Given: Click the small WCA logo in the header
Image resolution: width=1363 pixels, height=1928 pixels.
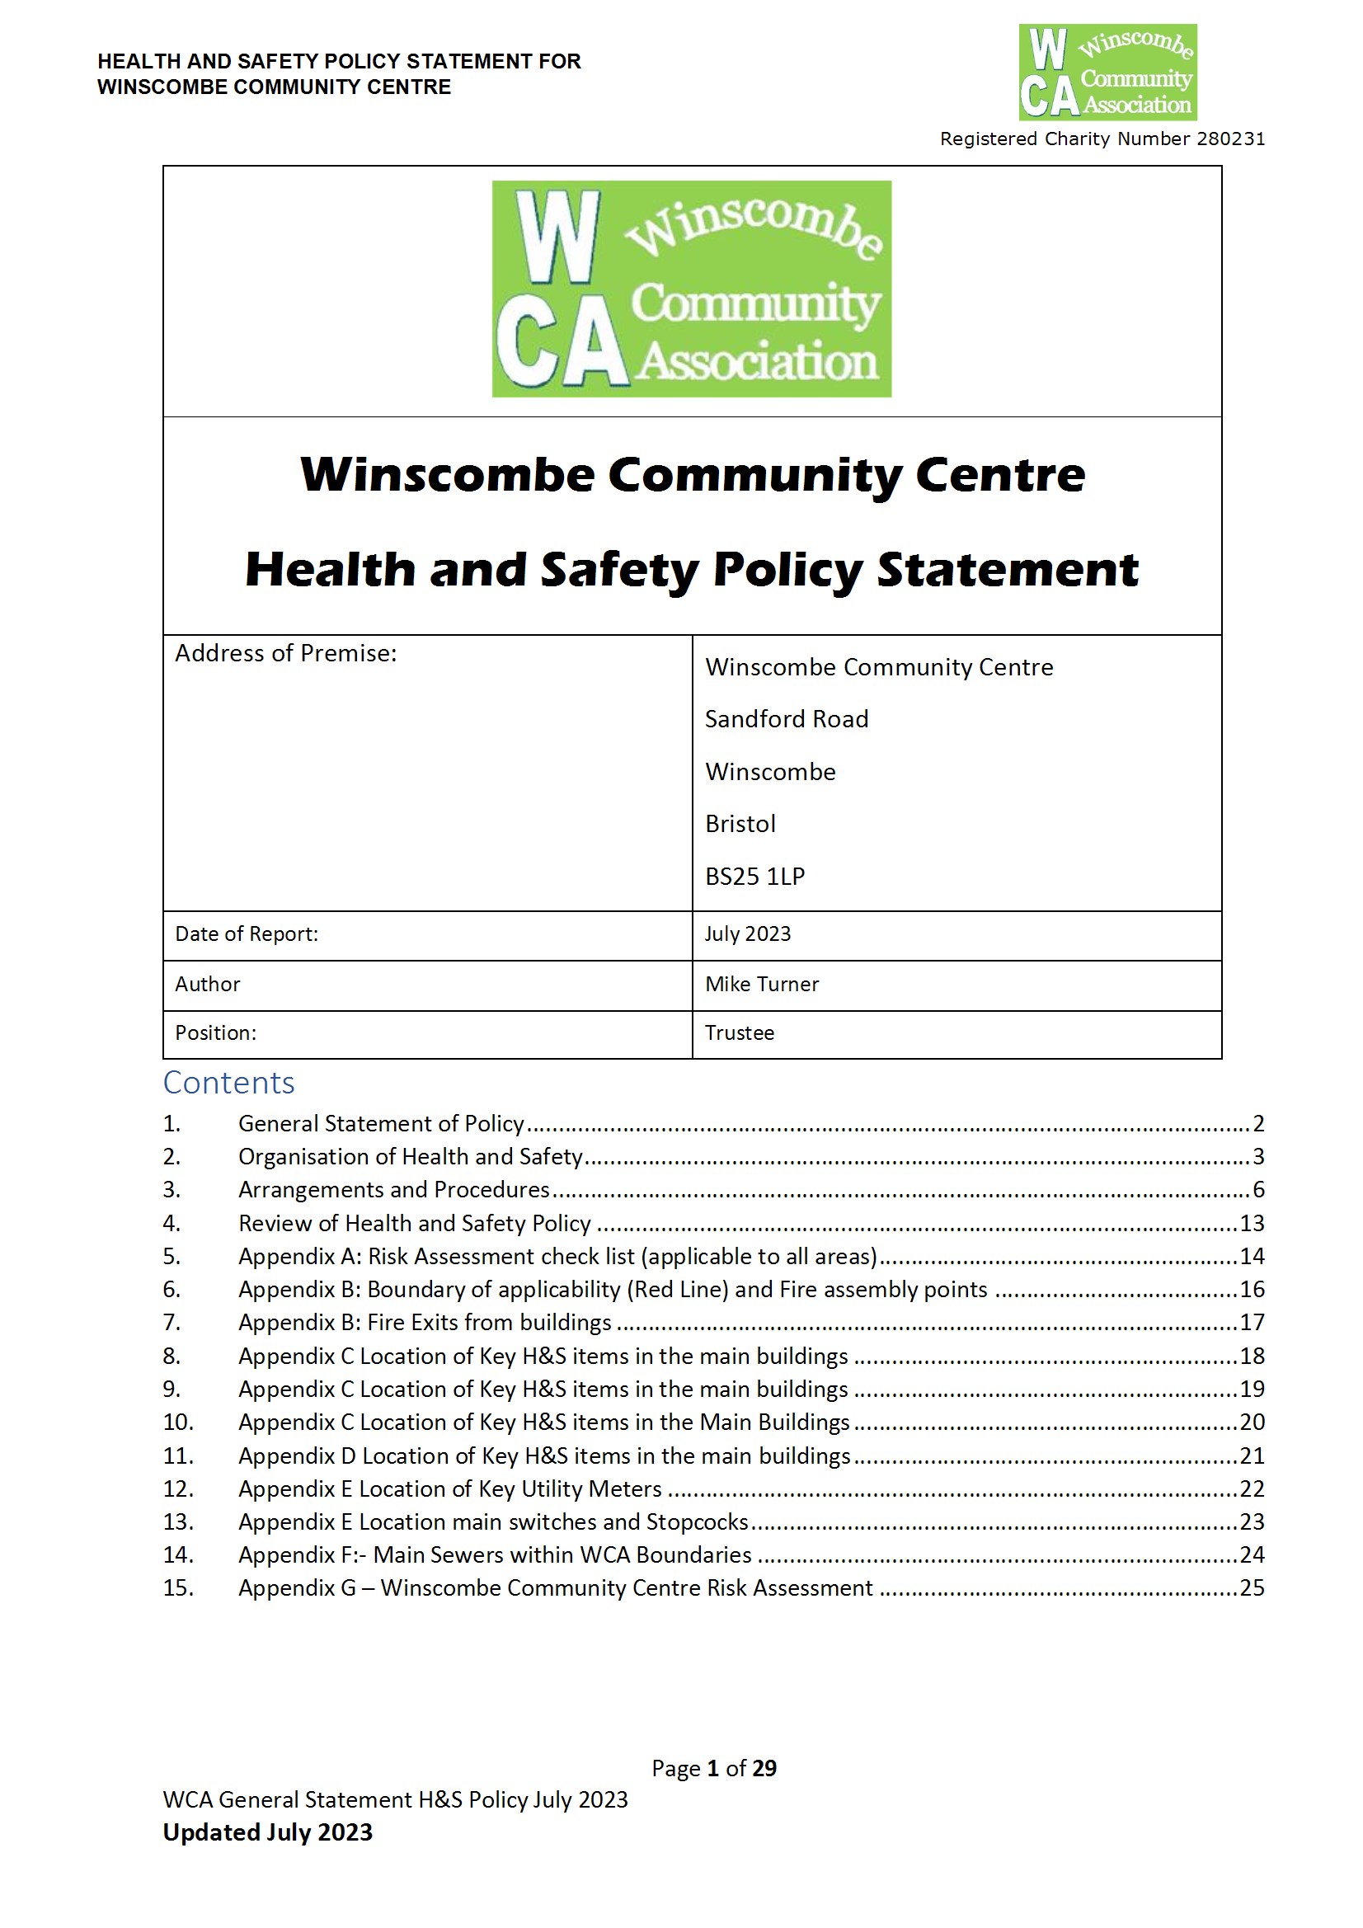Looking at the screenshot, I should click(1107, 73).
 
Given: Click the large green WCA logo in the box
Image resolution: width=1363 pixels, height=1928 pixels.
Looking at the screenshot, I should click(691, 288).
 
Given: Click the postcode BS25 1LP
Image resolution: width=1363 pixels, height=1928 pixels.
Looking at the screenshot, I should click(754, 876).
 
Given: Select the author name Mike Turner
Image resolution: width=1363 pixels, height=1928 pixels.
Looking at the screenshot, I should click(761, 983).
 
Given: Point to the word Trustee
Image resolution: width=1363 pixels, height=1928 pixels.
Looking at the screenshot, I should click(739, 1032).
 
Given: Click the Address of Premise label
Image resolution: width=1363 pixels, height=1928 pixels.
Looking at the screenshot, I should click(285, 652).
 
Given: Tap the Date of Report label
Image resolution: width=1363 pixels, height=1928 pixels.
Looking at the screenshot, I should click(246, 933).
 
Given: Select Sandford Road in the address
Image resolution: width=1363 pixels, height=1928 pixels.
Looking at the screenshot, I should click(786, 719).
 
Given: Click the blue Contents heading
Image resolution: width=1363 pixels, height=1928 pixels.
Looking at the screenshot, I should click(228, 1083).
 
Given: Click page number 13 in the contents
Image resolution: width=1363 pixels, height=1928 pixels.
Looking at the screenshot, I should click(1252, 1223).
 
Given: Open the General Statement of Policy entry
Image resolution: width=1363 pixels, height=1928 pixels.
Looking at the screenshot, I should click(381, 1122).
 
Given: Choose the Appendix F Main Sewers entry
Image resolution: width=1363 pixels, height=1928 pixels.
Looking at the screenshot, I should click(495, 1554).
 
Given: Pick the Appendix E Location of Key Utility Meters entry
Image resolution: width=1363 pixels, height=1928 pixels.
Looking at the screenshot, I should click(450, 1488).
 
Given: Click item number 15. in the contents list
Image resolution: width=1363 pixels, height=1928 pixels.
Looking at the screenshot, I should click(178, 1587).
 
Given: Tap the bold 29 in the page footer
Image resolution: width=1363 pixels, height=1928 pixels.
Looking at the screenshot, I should click(764, 1768).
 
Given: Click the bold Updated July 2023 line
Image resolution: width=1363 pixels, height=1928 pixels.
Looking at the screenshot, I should click(267, 1832).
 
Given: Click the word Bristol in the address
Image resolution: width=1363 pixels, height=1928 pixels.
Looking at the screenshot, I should click(740, 824).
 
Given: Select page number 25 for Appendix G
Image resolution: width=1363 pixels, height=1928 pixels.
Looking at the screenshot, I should click(1252, 1587).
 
